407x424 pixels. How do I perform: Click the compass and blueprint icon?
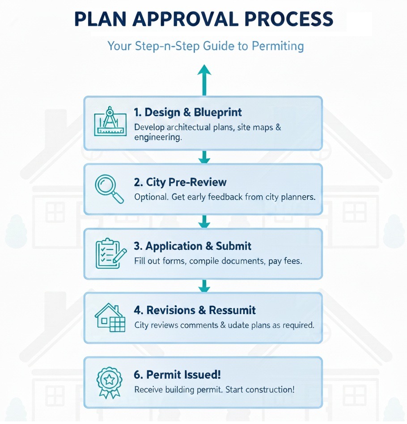[x=109, y=122]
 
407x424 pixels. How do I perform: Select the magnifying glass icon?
[x=109, y=189]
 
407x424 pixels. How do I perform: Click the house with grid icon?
[x=110, y=317]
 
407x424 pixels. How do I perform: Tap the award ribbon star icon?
[x=109, y=382]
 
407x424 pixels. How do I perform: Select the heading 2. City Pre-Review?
[x=180, y=182]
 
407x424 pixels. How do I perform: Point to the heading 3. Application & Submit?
[x=193, y=246]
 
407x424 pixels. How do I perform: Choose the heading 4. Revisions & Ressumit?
[x=195, y=310]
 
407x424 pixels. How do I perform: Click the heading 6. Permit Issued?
[x=177, y=374]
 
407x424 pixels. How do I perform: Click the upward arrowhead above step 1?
[x=204, y=71]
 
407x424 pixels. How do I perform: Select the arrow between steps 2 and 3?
[x=204, y=222]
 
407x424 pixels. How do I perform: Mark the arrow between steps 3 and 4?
[x=204, y=286]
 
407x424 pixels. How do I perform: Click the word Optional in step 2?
[x=151, y=197]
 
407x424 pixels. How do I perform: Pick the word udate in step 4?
[x=239, y=325]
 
